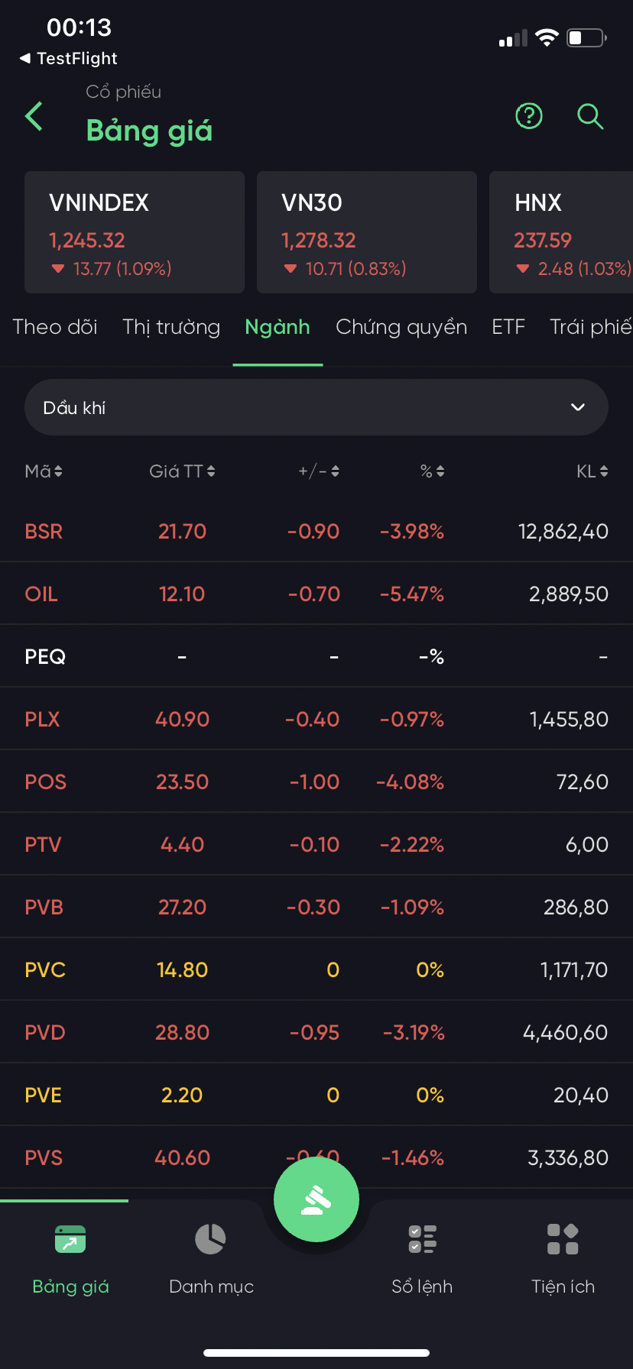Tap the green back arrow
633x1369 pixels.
(34, 116)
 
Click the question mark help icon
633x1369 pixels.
(529, 116)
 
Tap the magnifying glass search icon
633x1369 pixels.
(589, 116)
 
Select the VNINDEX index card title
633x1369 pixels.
(99, 202)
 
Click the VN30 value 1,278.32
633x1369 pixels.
(318, 241)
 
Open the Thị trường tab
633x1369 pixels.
(171, 327)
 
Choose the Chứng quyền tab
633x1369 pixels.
(401, 327)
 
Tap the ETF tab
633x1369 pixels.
(508, 327)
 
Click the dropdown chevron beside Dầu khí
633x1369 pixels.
(578, 407)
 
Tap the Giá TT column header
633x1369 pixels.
(182, 471)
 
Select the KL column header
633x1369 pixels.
(592, 471)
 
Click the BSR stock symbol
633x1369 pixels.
(44, 532)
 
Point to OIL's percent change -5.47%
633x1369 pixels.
(412, 594)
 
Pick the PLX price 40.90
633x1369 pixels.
(182, 720)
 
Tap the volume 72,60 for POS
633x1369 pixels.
(583, 782)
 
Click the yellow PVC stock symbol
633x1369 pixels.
(45, 970)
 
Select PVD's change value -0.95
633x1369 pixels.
(315, 1033)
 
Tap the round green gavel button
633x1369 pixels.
(316, 1199)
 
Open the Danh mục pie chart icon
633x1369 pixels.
(210, 1239)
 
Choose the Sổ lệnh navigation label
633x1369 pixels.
(422, 1286)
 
